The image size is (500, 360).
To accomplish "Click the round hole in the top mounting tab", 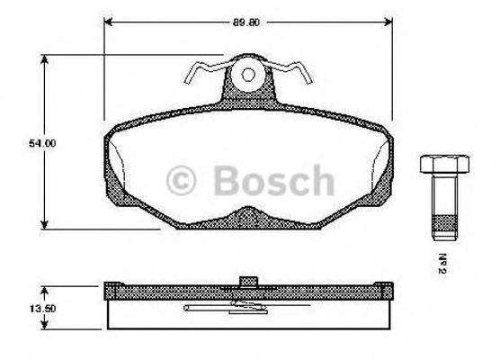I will point(249,76).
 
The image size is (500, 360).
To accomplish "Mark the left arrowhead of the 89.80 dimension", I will point(109,24).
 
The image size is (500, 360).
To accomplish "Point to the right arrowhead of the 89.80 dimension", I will point(389,24).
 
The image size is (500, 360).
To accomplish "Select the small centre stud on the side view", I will point(249,280).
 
